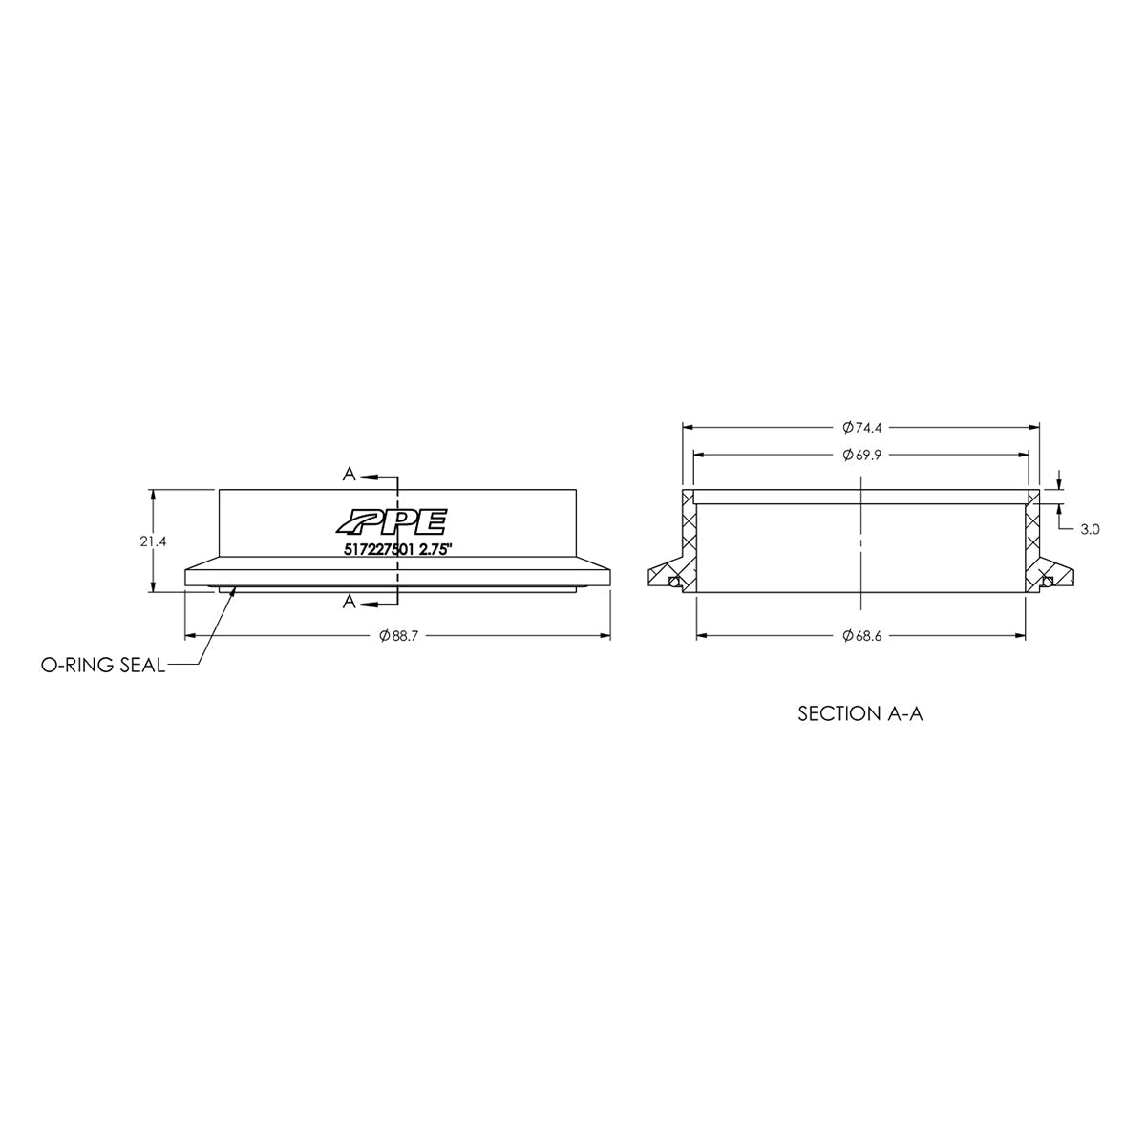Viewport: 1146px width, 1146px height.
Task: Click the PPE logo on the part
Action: (x=390, y=521)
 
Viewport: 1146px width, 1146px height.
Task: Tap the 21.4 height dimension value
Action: (x=153, y=541)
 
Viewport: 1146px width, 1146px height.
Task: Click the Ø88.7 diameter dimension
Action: (x=396, y=635)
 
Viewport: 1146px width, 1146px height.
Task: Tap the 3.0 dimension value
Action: (x=1090, y=528)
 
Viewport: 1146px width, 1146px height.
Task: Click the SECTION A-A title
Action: (x=859, y=713)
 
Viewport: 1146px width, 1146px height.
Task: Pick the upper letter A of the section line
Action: (x=350, y=475)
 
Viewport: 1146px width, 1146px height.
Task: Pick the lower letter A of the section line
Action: (x=350, y=602)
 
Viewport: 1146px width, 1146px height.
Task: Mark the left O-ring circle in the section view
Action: (x=673, y=583)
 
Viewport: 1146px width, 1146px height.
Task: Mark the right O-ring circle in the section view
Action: (x=1048, y=583)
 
